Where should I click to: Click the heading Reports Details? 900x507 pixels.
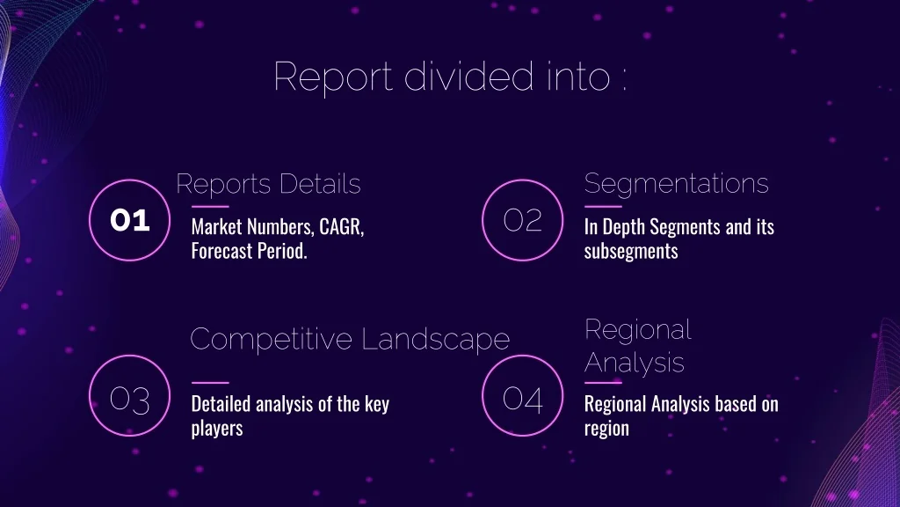coord(268,185)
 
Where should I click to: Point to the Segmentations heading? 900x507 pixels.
coord(676,184)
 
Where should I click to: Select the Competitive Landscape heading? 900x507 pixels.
coord(350,339)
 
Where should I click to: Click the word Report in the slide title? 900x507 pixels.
coord(333,77)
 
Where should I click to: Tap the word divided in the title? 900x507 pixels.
coord(469,76)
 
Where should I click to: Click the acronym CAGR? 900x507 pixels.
coord(342,227)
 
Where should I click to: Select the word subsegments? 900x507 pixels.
coord(631,251)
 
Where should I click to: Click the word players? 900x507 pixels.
coord(217,429)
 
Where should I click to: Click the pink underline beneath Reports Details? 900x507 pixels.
coord(210,206)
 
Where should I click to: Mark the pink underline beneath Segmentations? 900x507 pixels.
coord(603,206)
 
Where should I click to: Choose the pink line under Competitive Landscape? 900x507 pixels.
coord(210,382)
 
